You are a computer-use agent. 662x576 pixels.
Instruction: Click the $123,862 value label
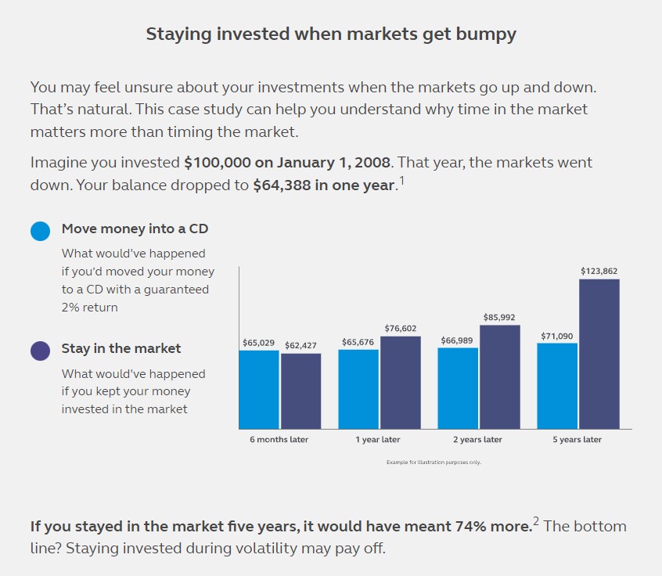click(x=599, y=271)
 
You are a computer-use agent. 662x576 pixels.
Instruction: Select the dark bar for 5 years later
click(x=599, y=354)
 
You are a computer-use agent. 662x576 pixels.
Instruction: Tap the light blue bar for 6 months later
click(x=259, y=390)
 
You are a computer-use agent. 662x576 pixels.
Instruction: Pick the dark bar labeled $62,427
click(x=301, y=391)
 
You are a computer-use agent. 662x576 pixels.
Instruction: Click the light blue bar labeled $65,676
click(x=358, y=390)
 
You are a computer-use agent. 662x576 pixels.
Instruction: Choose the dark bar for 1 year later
click(x=401, y=383)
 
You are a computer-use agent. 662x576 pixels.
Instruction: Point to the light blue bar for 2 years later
click(x=458, y=388)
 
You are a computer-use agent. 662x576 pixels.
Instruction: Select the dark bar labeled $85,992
click(x=500, y=377)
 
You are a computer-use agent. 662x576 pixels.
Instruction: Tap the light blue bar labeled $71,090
click(x=557, y=386)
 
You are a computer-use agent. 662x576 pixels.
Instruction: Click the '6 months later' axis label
click(x=279, y=440)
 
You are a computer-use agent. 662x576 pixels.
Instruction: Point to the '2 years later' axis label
click(x=477, y=440)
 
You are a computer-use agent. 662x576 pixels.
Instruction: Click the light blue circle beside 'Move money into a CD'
click(x=40, y=231)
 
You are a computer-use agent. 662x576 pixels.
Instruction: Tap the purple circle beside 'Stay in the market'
click(x=40, y=351)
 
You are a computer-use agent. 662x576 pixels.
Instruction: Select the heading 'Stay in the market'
click(x=121, y=348)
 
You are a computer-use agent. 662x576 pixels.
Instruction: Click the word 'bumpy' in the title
click(x=486, y=34)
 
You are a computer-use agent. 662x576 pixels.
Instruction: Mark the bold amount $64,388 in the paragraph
click(x=282, y=185)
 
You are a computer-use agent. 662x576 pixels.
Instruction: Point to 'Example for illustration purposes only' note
click(x=434, y=463)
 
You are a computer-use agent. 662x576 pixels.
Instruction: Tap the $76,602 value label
click(x=400, y=329)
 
